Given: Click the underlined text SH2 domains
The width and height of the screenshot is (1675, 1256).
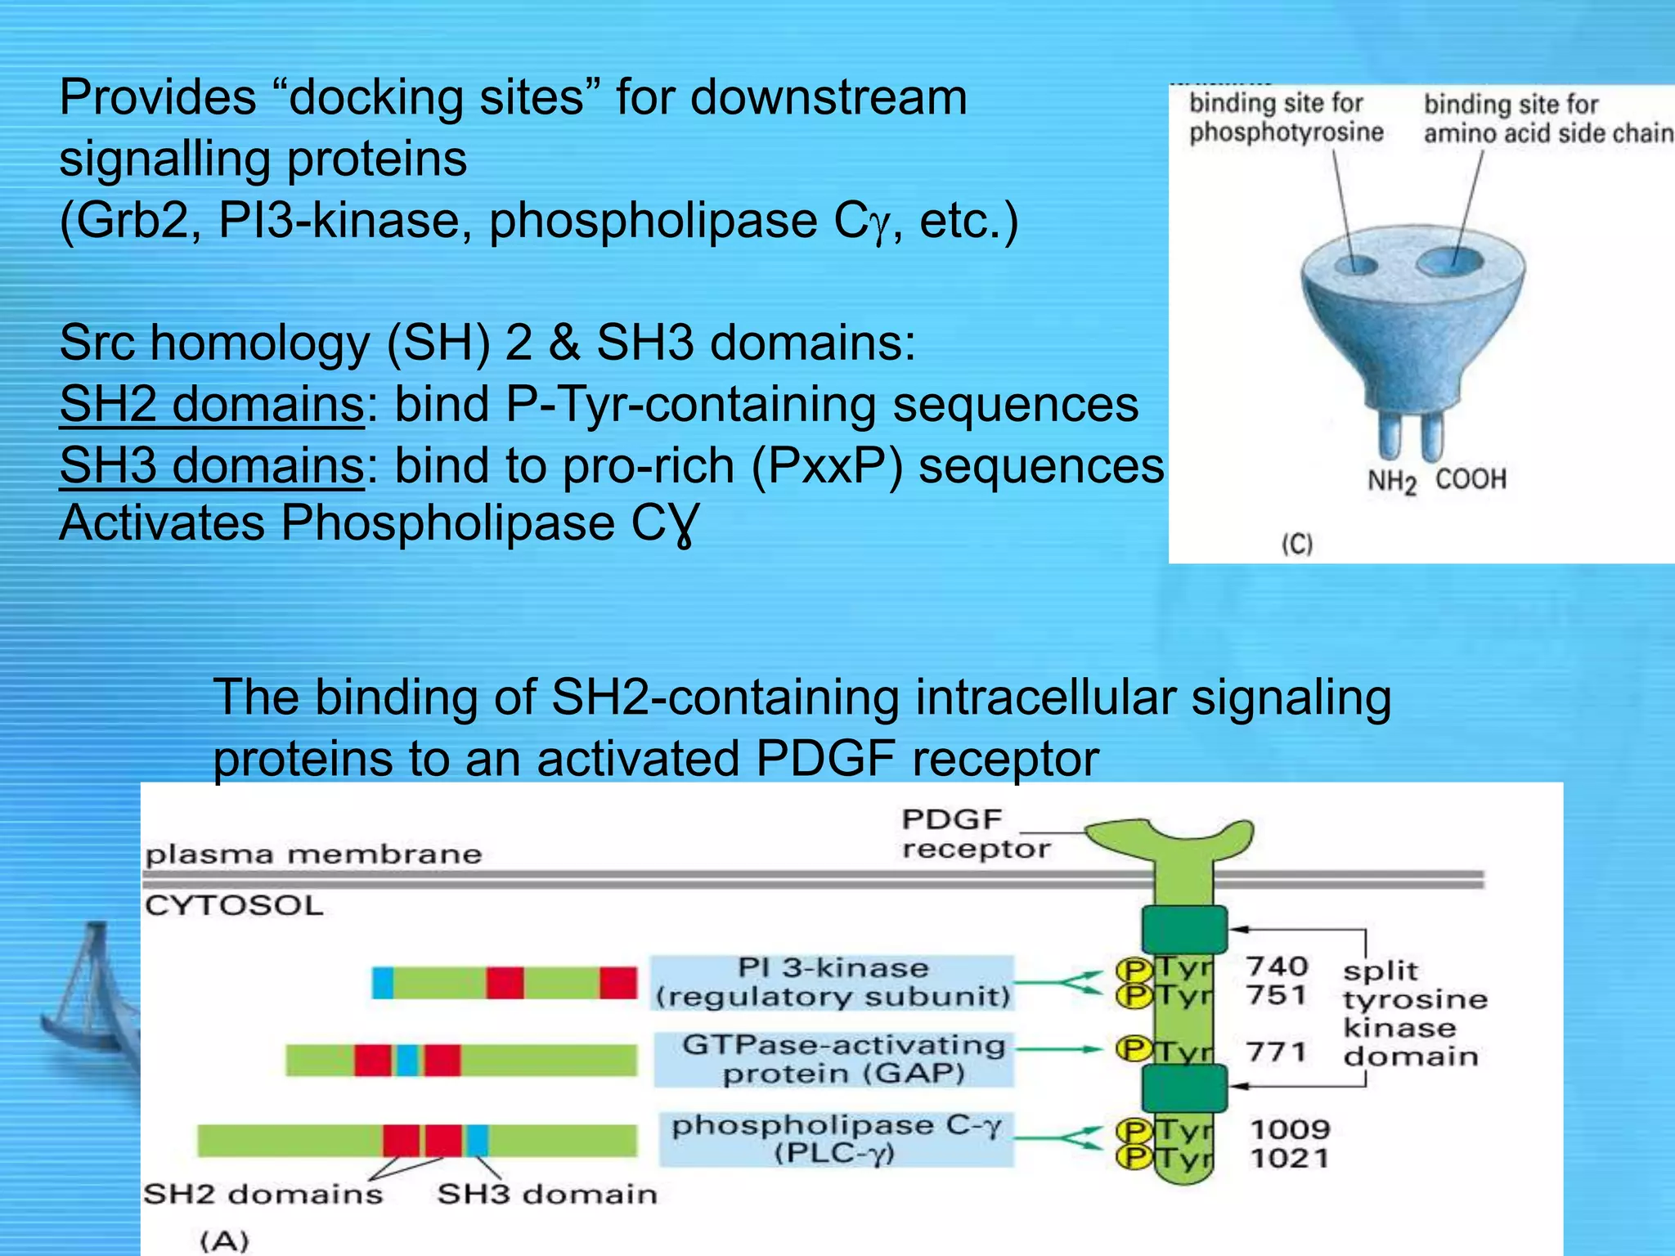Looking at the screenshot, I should click(x=211, y=404).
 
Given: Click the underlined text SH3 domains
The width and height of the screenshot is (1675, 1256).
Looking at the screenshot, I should click(x=211, y=465).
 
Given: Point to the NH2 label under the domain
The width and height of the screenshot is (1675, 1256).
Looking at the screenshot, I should click(x=1391, y=481).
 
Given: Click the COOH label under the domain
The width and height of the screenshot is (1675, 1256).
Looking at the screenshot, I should click(x=1471, y=478).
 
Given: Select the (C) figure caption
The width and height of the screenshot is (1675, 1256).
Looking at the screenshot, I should click(x=1296, y=544).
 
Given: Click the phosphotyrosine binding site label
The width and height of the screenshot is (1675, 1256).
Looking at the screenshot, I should click(x=1285, y=117).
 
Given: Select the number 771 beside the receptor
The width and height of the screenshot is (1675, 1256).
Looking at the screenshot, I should click(x=1276, y=1051).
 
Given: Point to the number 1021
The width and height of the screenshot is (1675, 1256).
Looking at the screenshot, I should click(x=1290, y=1158).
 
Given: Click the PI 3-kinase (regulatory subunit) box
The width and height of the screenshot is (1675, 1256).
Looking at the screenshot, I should click(x=833, y=982).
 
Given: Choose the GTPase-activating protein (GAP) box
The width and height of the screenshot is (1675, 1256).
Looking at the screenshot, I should click(x=834, y=1059).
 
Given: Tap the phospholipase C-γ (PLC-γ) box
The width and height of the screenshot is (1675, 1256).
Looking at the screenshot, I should click(x=836, y=1139).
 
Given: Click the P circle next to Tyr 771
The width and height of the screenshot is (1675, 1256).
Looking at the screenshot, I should click(x=1134, y=1049).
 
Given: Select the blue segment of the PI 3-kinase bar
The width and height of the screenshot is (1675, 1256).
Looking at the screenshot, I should click(x=383, y=982).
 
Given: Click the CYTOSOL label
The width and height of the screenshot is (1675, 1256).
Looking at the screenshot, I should click(x=234, y=906).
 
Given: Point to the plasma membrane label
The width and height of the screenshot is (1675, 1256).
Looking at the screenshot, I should click(x=313, y=855).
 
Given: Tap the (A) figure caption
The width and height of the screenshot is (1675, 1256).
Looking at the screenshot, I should click(x=224, y=1240).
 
